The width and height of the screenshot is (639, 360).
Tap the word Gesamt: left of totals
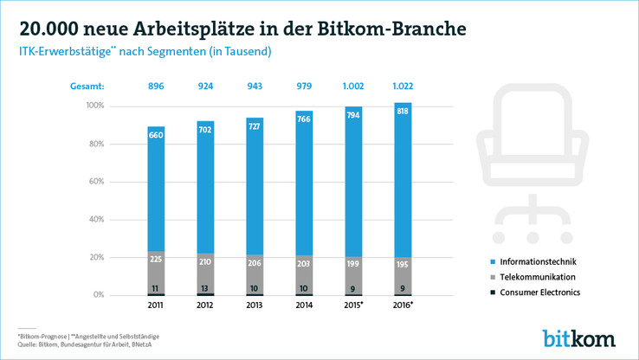(x=87, y=87)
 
